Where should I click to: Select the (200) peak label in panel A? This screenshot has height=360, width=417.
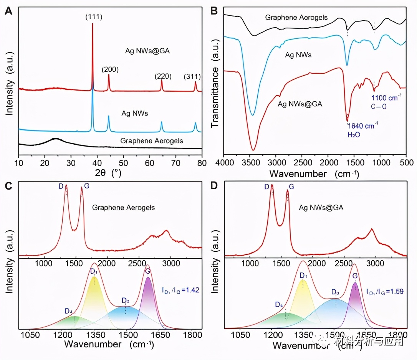pos(110,69)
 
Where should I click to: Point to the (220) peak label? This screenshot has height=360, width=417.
pos(163,76)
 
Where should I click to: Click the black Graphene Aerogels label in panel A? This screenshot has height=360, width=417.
pos(152,141)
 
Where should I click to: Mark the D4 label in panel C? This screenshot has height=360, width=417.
pos(69,311)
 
